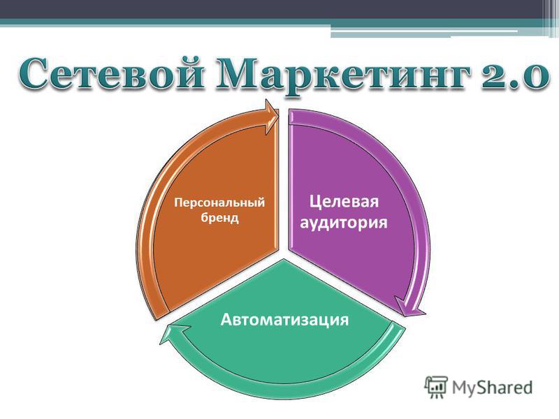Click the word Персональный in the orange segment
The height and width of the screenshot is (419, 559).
(219, 203)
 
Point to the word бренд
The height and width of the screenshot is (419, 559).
(219, 217)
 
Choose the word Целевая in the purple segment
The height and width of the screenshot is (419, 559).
(344, 202)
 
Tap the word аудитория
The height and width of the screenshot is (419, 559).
(344, 223)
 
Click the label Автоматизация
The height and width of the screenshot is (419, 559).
(284, 319)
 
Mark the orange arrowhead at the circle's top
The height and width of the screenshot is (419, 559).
(272, 117)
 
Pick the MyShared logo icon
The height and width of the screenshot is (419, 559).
(435, 387)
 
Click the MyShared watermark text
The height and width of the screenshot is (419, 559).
(493, 388)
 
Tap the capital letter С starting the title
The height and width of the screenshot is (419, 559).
(33, 73)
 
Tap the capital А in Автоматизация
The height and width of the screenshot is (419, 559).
(226, 319)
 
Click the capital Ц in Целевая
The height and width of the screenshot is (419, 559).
(315, 202)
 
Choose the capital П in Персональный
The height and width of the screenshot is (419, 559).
(178, 202)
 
